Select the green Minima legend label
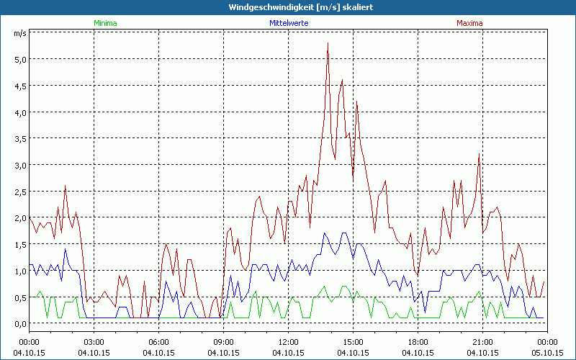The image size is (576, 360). click(x=104, y=23)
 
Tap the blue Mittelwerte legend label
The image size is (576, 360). click(x=289, y=23)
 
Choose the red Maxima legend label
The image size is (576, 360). click(x=469, y=23)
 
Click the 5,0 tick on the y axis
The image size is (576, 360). click(x=19, y=59)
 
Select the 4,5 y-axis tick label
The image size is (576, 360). click(x=19, y=86)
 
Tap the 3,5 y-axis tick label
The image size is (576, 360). click(x=19, y=138)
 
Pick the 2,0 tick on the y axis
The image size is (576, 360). click(x=19, y=217)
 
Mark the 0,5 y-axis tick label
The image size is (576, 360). click(x=19, y=297)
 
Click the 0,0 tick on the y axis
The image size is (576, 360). click(x=19, y=323)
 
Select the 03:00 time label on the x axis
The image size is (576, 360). click(x=94, y=342)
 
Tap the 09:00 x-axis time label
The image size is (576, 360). click(x=223, y=342)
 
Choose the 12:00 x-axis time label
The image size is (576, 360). click(x=288, y=342)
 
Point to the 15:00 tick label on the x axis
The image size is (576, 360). click(x=353, y=342)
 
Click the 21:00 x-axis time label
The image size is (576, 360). click(x=482, y=342)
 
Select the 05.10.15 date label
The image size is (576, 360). click(x=547, y=353)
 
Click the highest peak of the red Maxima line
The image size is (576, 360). click(x=328, y=43)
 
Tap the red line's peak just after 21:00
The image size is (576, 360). click(x=479, y=155)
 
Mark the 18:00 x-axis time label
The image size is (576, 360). click(x=418, y=342)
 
